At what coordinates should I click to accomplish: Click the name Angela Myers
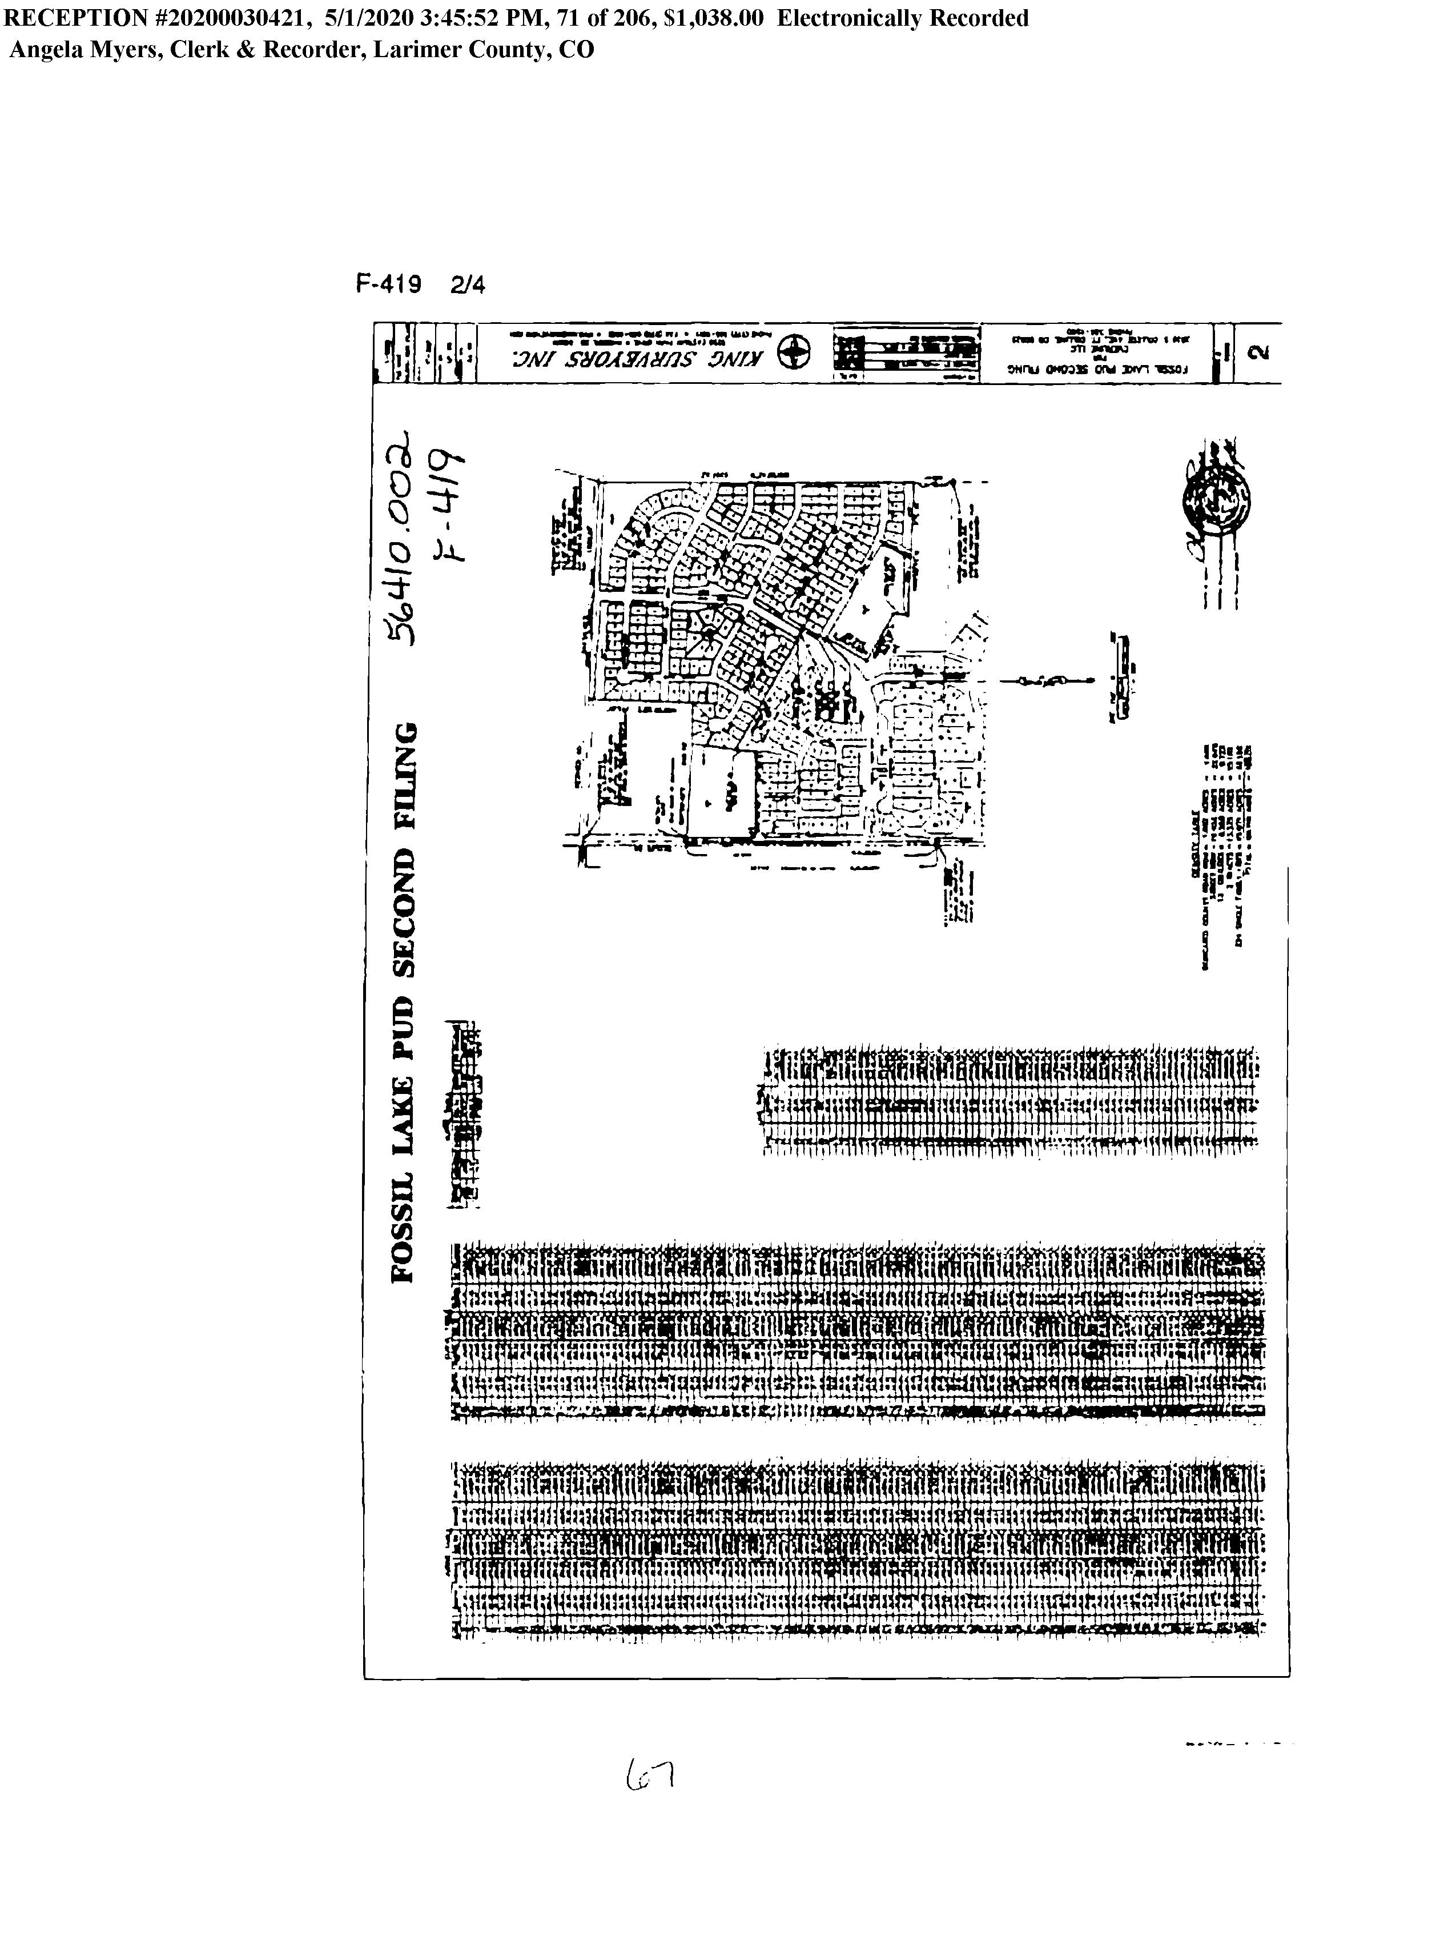click(83, 49)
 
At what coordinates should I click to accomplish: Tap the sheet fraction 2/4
click(466, 285)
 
